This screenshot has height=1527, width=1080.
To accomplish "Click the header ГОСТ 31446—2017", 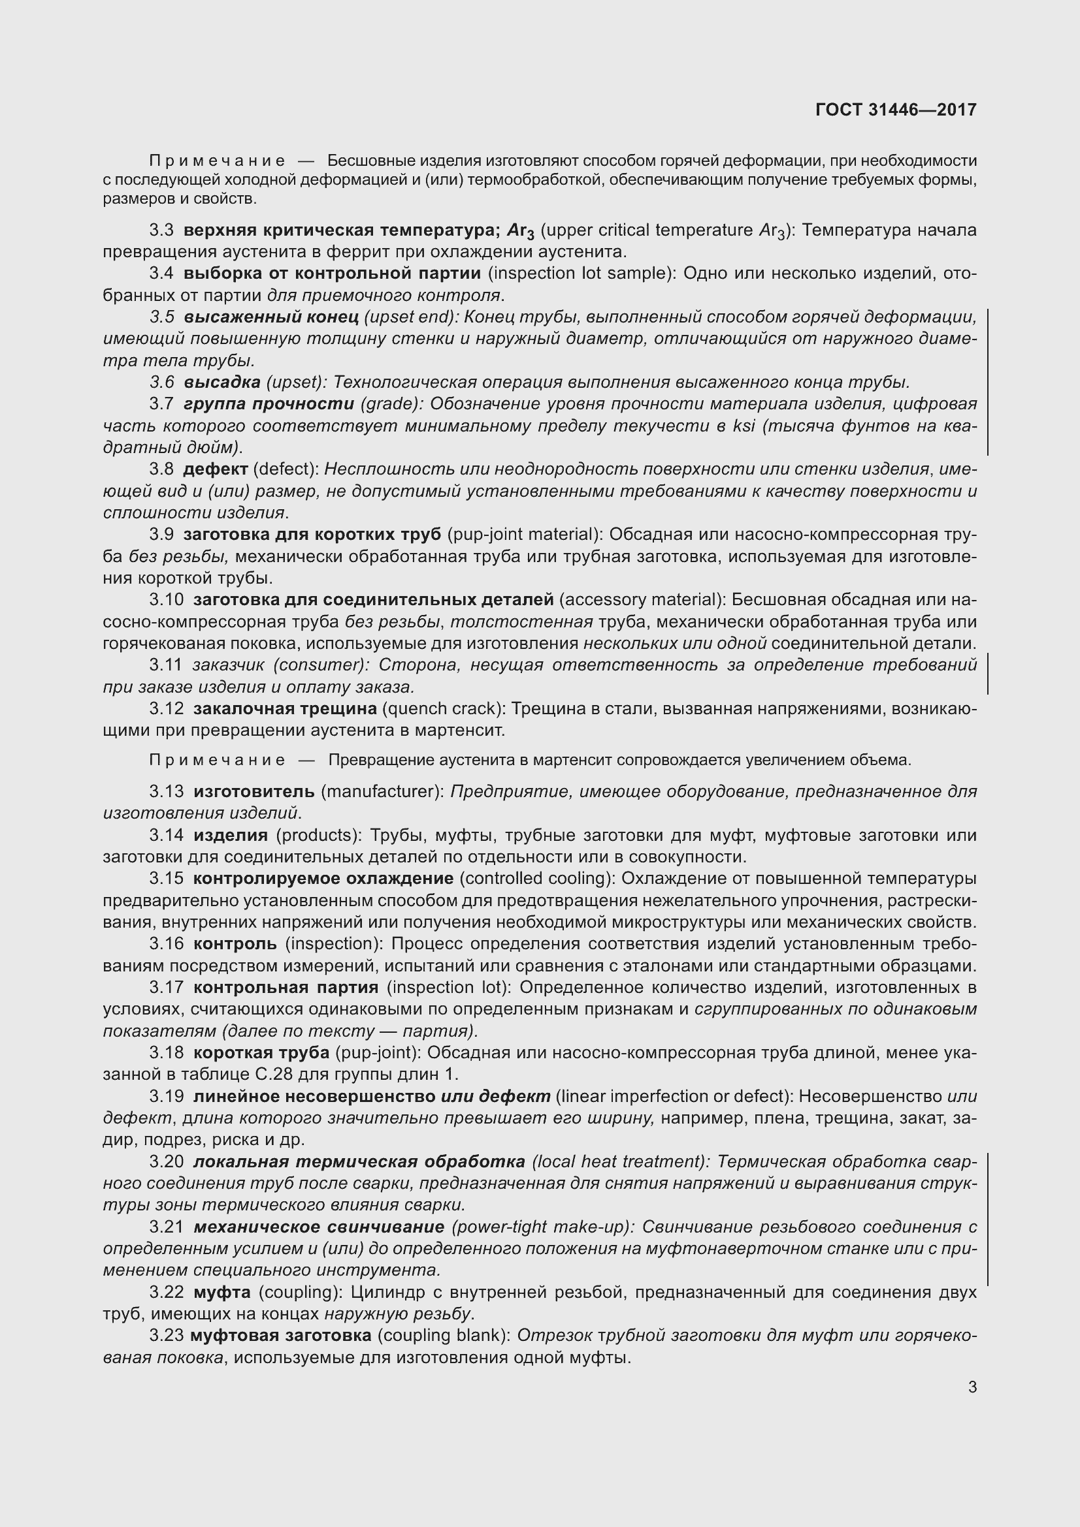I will click(x=896, y=110).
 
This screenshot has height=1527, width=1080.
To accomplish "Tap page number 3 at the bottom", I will click(x=972, y=1387).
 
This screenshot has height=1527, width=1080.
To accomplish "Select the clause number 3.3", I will click(x=161, y=230).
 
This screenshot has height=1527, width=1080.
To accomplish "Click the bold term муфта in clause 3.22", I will click(x=222, y=1292).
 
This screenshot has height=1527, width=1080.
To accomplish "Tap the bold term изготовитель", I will click(x=254, y=791).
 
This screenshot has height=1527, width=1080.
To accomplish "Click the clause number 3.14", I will click(x=166, y=835).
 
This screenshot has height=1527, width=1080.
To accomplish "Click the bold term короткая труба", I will click(x=261, y=1053).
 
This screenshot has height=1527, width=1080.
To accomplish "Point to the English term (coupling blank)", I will click(x=444, y=1336).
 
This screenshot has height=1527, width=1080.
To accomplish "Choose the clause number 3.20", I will click(x=166, y=1162).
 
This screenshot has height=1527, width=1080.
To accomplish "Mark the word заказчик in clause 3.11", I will click(x=229, y=665).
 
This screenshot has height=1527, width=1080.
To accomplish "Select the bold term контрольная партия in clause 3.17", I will click(x=286, y=987).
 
